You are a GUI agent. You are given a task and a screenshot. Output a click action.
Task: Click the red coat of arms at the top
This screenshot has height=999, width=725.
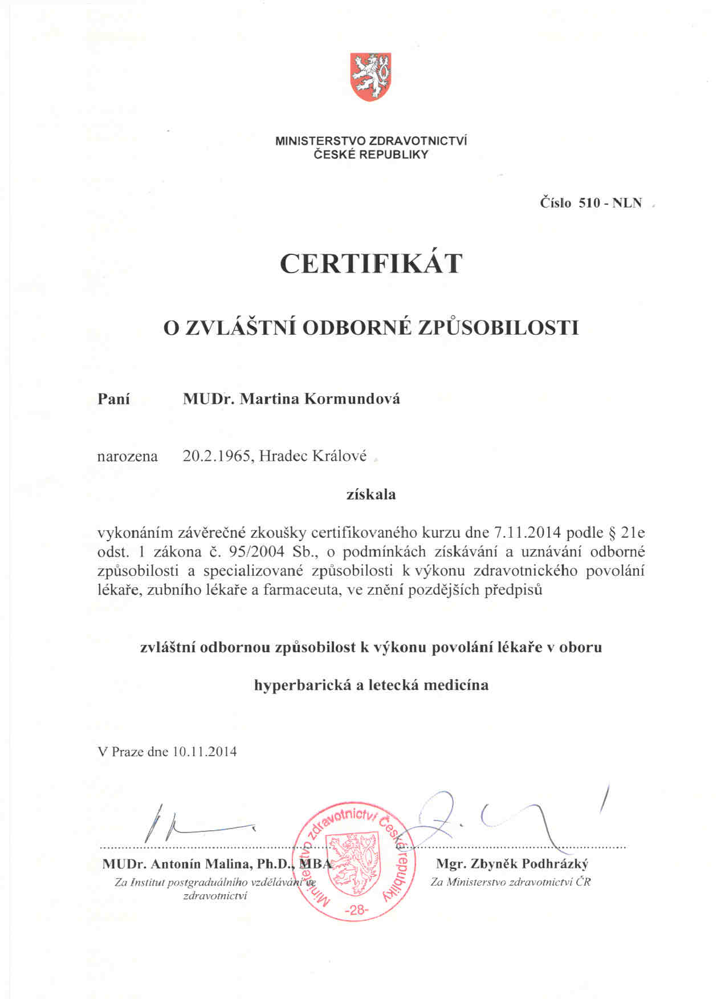click(370, 76)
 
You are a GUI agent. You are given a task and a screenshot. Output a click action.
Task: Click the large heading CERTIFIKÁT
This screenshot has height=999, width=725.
click(370, 263)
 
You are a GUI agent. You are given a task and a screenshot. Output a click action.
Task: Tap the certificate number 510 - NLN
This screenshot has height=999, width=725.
click(610, 203)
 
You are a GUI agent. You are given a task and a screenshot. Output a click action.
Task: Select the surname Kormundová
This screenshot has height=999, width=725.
click(352, 399)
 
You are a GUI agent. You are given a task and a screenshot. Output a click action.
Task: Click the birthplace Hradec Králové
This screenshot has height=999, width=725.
click(312, 456)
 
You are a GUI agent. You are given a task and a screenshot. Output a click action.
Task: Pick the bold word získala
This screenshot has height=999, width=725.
click(371, 494)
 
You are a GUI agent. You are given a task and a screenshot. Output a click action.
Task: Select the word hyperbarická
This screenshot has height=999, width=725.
click(303, 685)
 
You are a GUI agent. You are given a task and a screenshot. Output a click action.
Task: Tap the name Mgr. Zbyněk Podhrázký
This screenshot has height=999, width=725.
click(512, 864)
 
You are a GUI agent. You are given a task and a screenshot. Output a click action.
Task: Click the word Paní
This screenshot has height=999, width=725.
click(114, 399)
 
